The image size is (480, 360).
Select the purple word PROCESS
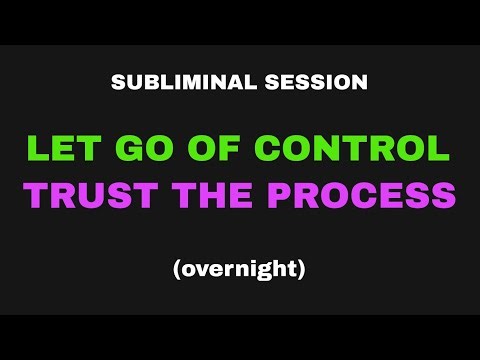click(357, 195)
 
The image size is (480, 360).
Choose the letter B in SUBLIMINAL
click(147, 82)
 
